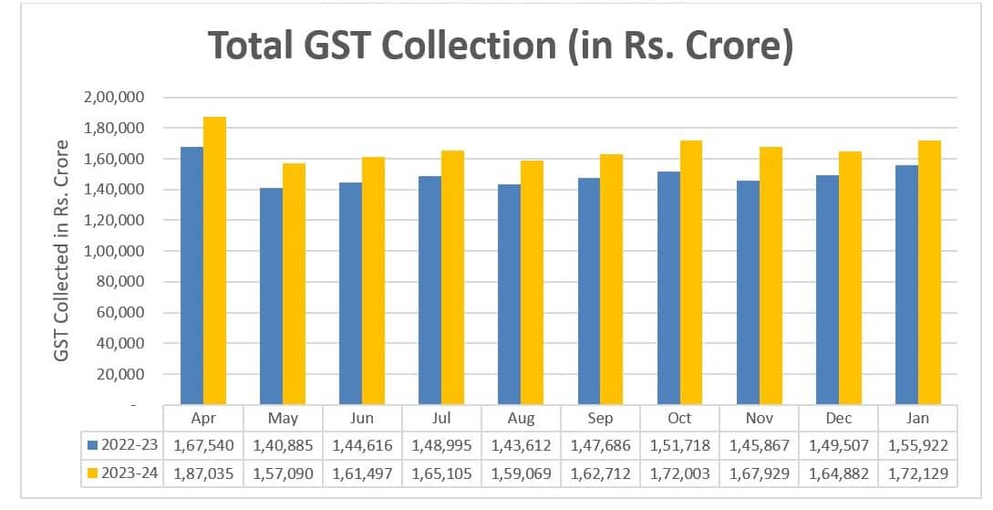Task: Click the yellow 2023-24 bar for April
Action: [x=214, y=261]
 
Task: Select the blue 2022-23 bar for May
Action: [x=271, y=297]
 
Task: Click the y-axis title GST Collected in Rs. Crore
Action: [x=62, y=250]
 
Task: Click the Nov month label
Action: [x=759, y=418]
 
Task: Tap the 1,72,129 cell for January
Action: [x=917, y=474]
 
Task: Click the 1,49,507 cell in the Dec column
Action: [x=838, y=446]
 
